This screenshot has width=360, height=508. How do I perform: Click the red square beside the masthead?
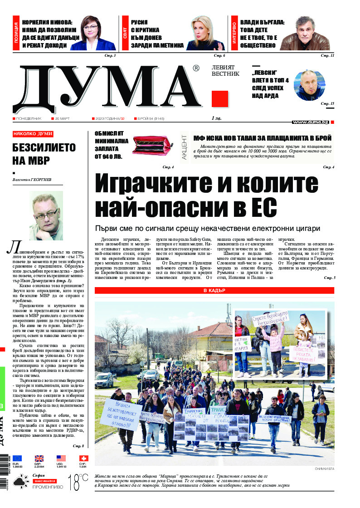tap(219, 99)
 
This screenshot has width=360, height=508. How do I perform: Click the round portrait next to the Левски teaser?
tap(310, 86)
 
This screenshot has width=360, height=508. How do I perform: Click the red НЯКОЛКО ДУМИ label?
tap(33, 134)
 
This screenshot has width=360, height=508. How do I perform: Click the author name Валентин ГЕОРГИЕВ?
tap(32, 180)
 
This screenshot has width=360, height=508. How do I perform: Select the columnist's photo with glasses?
tap(46, 215)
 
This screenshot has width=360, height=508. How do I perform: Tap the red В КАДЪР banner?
tap(214, 290)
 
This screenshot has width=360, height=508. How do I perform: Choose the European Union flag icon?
tap(17, 459)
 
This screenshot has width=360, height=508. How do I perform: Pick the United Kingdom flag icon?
tap(39, 459)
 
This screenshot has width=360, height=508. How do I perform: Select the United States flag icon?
tap(61, 459)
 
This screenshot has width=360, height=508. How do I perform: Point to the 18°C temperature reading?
tap(78, 483)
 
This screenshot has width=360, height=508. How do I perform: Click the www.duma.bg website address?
tap(311, 122)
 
